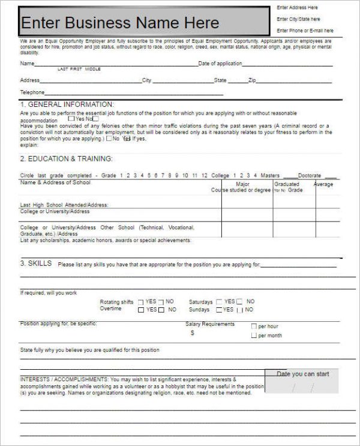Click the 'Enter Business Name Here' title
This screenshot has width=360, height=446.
[120, 23]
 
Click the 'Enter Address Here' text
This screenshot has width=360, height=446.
[297, 8]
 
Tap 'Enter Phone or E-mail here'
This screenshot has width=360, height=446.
[305, 31]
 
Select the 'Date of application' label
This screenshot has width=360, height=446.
[220, 63]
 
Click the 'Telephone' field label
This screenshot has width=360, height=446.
[32, 92]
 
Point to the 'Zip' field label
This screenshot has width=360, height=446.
[252, 80]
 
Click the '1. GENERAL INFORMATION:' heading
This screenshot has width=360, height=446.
[67, 104]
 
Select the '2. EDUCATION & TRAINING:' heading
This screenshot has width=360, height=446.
[66, 159]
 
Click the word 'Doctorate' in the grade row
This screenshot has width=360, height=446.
[310, 175]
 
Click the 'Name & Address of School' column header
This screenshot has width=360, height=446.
[55, 182]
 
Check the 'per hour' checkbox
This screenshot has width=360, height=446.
[254, 327]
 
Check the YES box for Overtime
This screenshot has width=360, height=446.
[141, 310]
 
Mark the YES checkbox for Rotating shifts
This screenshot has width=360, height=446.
[141, 302]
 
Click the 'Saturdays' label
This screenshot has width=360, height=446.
[200, 302]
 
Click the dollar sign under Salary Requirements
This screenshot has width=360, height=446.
[192, 333]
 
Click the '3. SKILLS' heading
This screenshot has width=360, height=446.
[36, 264]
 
